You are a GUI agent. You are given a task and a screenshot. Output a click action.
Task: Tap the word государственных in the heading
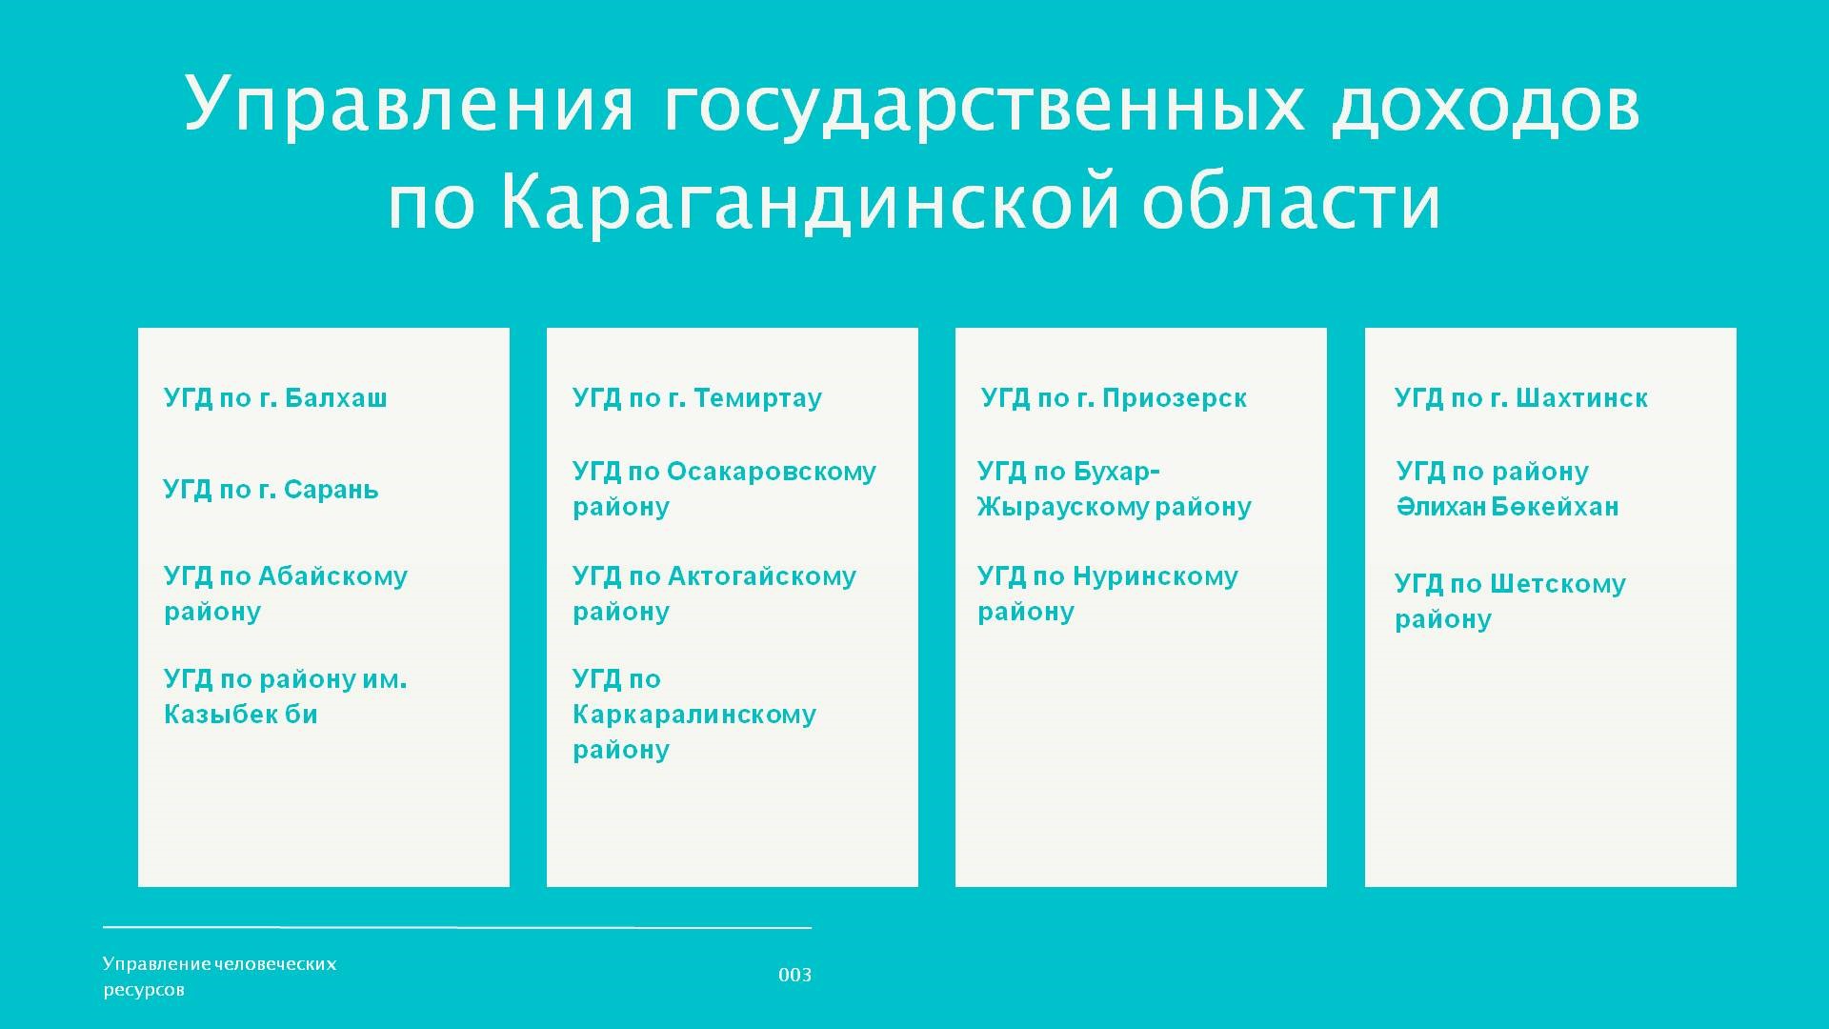pos(981,102)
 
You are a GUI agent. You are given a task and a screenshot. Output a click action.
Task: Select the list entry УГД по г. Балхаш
pos(275,397)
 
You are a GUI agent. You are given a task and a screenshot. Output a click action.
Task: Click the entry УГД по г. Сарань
pos(271,490)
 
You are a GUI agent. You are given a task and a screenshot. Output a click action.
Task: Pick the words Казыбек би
pos(240,714)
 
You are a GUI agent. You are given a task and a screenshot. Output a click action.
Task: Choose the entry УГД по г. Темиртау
pos(696,397)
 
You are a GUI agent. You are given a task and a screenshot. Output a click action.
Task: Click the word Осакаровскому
pos(772,472)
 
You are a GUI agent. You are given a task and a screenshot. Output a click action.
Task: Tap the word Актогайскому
pos(762,576)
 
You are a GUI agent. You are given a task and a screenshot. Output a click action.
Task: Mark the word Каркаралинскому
pos(694,715)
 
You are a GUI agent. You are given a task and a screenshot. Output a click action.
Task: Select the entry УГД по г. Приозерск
pos(1114,397)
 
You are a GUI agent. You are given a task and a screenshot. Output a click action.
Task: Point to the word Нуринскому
pos(1156,576)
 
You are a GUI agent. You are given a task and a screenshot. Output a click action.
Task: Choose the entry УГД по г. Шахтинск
pos(1521,397)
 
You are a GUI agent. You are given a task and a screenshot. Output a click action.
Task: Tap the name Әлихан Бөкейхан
pos(1508,506)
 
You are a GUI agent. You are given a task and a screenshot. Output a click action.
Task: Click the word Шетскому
pos(1558,584)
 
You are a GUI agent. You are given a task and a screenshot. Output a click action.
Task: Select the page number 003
pos(794,975)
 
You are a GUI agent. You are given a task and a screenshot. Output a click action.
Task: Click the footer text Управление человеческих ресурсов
pos(220,977)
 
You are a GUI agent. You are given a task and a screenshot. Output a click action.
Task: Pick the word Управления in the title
pos(409,102)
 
